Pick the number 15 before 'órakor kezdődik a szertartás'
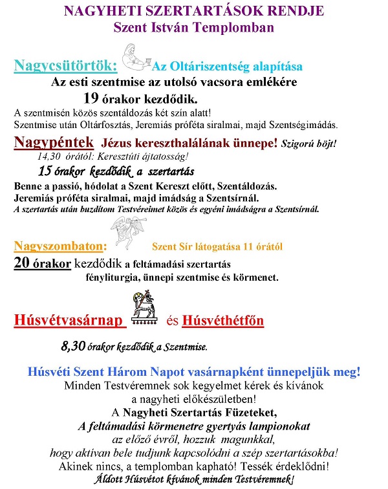click(45, 171)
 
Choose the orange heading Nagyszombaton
click(59, 246)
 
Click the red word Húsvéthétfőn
click(223, 320)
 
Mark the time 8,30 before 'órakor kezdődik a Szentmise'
click(74, 347)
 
